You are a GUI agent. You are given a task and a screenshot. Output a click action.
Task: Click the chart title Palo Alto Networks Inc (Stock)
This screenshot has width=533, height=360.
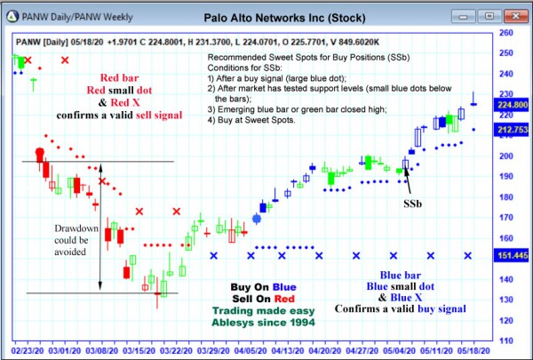(282, 17)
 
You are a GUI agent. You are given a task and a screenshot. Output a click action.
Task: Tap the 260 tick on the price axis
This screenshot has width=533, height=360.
(507, 32)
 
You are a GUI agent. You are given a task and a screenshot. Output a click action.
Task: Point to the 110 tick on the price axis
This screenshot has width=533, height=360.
(507, 340)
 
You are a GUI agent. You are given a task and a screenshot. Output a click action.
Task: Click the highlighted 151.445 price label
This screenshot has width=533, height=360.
(513, 255)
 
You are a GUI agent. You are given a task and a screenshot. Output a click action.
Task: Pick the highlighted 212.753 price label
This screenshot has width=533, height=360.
(513, 129)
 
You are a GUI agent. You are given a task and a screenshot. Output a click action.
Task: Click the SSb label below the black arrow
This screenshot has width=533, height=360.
(413, 203)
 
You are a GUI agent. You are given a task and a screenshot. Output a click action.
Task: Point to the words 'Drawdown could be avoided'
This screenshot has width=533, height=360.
(71, 240)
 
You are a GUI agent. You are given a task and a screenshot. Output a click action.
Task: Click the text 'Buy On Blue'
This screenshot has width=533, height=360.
(263, 287)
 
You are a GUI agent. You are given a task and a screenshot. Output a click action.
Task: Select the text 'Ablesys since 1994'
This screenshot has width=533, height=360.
(263, 323)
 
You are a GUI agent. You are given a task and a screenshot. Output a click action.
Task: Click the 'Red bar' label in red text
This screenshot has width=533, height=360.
(118, 78)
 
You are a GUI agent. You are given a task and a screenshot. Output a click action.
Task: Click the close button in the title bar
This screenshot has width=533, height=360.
(518, 17)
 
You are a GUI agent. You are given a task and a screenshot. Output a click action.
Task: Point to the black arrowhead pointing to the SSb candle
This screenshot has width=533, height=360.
(405, 169)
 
